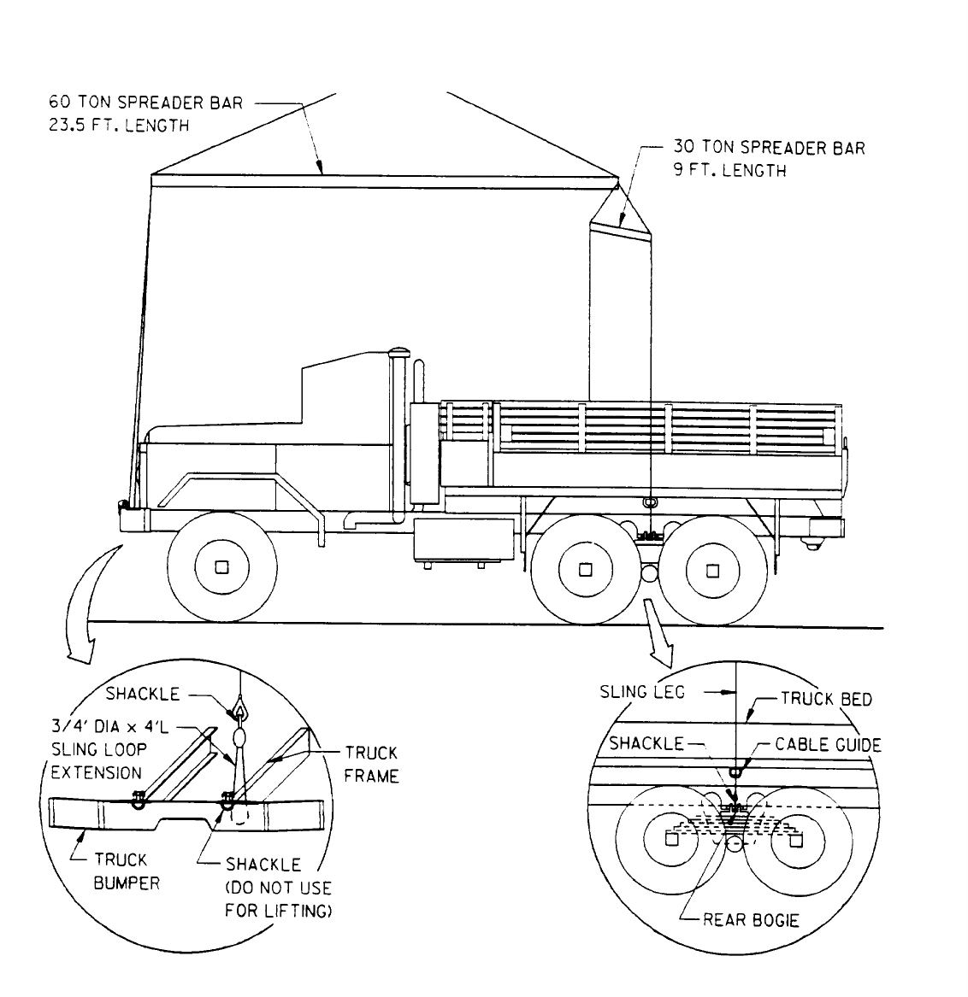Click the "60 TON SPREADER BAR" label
[x=145, y=103]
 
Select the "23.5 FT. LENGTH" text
[x=118, y=125]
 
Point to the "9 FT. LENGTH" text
[x=729, y=170]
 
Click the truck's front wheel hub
[x=222, y=568]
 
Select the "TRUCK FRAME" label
[x=371, y=765]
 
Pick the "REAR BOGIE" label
[x=750, y=920]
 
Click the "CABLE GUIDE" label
[x=827, y=744]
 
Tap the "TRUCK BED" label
[x=825, y=700]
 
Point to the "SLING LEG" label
[x=642, y=692]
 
